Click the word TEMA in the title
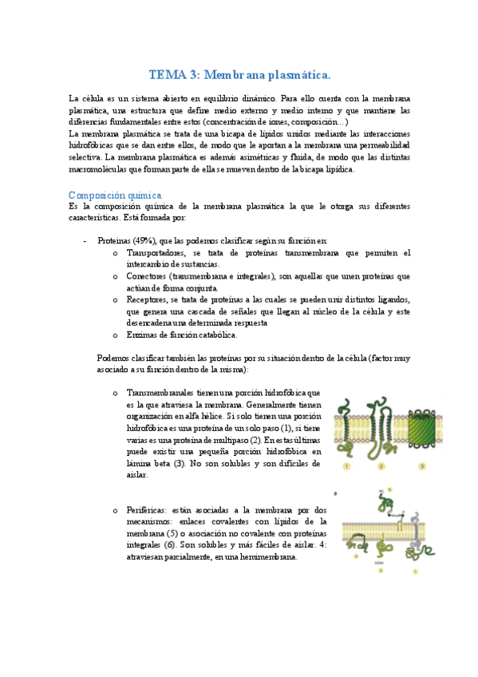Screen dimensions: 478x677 pyautogui.click(x=167, y=75)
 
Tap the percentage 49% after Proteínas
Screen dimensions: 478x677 pyautogui.click(x=144, y=240)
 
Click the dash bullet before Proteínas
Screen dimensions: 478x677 pyautogui.click(x=85, y=240)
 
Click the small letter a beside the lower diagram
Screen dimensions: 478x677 pyautogui.click(x=335, y=493)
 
